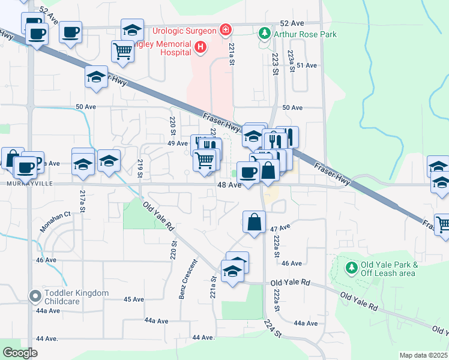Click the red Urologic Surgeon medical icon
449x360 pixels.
[x=225, y=29]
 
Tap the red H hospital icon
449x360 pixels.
[x=201, y=46]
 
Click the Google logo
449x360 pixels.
[x=20, y=353]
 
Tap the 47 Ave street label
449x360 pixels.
[x=280, y=229]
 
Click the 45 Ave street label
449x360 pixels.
[x=133, y=299]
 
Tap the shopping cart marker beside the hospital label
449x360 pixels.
[x=122, y=51]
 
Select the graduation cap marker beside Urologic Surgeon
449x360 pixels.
[x=132, y=29]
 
